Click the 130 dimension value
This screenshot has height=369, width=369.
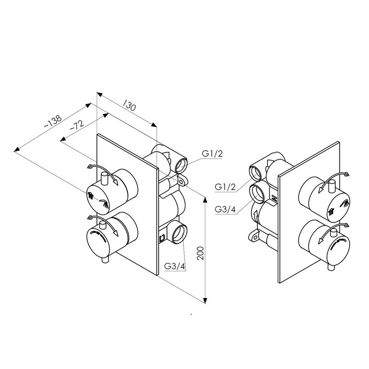coord(129,107)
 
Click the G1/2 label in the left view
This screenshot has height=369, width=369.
coord(212,154)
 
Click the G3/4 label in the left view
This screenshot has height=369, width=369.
coord(174,267)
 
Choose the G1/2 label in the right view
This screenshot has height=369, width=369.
coord(226,187)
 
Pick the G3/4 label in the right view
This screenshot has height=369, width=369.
coord(226,210)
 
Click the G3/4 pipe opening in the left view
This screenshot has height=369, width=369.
coord(178,233)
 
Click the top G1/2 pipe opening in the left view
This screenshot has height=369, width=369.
coord(180,163)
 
